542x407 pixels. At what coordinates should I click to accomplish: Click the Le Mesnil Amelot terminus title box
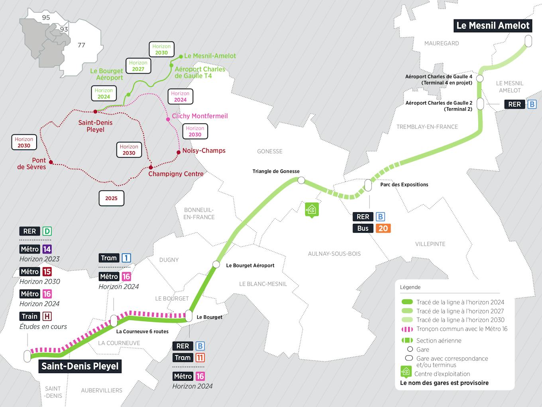pos(493,25)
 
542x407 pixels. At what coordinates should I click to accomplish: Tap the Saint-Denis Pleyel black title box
pos(80,366)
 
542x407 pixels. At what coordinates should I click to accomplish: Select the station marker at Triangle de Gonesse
pos(301,180)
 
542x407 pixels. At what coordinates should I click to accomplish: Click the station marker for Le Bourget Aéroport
pos(216,264)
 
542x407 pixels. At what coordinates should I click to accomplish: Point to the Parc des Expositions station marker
pos(368,185)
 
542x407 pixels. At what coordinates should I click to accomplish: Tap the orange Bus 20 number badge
pos(383,228)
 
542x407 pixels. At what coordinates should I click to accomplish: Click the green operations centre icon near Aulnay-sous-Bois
pos(311,209)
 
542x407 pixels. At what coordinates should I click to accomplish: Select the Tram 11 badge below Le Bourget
pos(200,358)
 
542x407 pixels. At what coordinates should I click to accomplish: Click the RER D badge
pos(47,231)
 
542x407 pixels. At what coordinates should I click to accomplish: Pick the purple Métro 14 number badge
pos(47,249)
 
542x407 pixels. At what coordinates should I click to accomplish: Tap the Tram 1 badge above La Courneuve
pos(126,258)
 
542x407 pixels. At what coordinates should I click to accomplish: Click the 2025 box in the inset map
pos(111,198)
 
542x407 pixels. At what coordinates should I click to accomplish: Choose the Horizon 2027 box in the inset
pos(138,66)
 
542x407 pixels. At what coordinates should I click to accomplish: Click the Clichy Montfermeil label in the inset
pos(200,116)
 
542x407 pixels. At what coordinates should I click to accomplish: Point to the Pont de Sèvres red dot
pos(51,162)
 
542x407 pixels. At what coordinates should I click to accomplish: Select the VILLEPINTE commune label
pos(430,244)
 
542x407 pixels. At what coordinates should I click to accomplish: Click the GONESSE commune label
pos(270,151)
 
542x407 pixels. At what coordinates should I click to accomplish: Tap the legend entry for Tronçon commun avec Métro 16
pos(461,329)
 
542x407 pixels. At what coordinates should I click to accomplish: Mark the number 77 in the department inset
pos(81,45)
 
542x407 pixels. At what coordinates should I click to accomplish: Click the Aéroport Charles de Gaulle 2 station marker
pos(480,104)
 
